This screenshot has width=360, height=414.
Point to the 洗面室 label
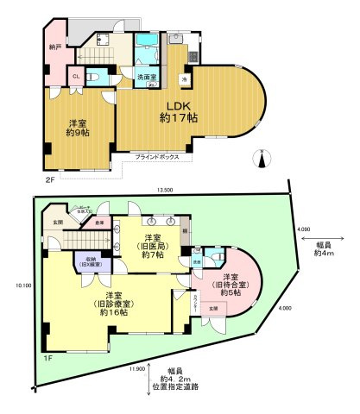[x=147, y=76]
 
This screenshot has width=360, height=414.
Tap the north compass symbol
[x=262, y=158]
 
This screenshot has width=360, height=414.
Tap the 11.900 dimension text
[x=136, y=368]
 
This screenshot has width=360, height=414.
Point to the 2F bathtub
[x=151, y=55]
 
